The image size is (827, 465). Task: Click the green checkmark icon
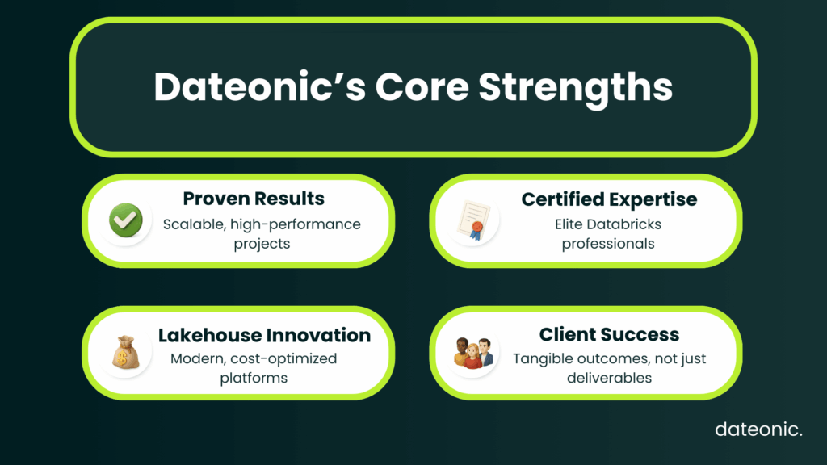coord(125,220)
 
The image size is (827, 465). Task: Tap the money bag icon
coord(125,352)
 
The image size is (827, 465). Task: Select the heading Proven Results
coord(254,199)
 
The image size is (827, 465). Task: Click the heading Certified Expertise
coord(609,199)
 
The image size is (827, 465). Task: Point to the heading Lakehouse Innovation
coord(264,335)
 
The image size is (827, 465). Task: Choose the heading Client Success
coord(609,335)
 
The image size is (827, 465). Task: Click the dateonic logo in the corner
coord(758,429)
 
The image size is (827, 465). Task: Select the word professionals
coord(609,243)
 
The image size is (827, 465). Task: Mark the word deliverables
coord(609,378)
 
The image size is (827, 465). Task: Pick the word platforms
coord(254,378)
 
